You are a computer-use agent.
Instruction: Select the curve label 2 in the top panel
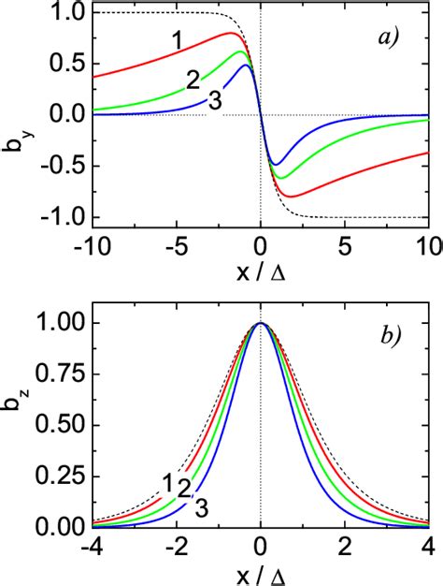point(193,79)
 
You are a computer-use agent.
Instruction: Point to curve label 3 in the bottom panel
point(200,508)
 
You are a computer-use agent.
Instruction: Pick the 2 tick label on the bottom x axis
point(345,548)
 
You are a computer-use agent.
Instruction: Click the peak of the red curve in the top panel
point(231,34)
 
